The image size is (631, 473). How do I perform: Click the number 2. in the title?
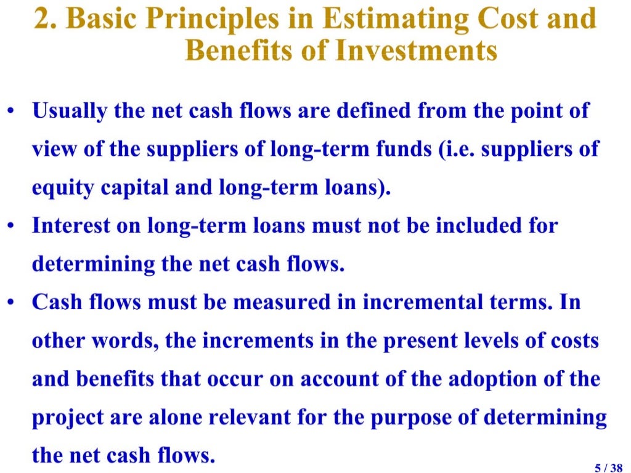46,19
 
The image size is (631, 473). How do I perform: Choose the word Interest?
68,226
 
